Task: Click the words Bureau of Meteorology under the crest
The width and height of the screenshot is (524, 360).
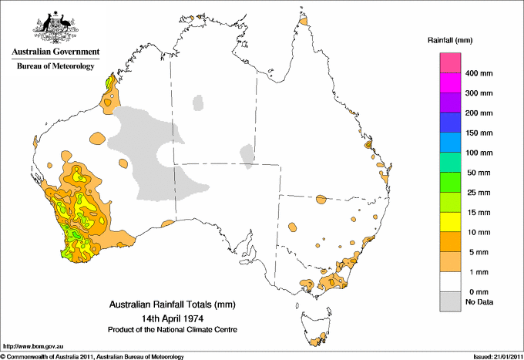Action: (x=55, y=66)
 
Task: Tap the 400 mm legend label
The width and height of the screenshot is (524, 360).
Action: (x=479, y=73)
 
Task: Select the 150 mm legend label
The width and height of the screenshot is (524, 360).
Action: (x=479, y=133)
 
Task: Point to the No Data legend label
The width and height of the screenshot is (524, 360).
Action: (x=478, y=302)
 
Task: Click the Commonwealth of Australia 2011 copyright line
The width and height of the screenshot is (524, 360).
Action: (x=92, y=356)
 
